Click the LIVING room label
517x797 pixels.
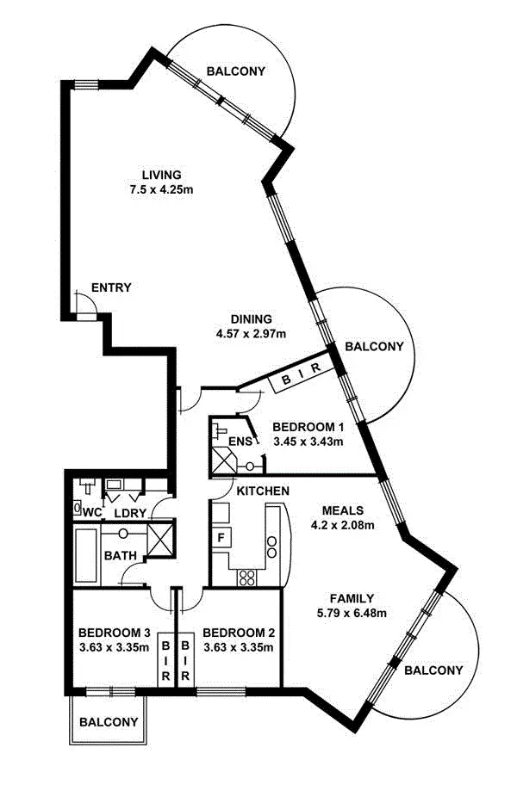click(x=162, y=175)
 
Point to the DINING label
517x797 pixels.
click(x=252, y=318)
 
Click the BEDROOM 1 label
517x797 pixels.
click(x=308, y=427)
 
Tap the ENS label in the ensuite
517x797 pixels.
click(x=240, y=442)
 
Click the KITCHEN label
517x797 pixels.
click(x=263, y=491)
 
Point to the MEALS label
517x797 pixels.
click(x=343, y=510)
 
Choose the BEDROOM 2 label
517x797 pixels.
click(x=239, y=633)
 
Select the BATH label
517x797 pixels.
click(x=119, y=556)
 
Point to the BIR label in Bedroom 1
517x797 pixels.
click(x=301, y=374)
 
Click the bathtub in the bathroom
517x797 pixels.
click(x=86, y=556)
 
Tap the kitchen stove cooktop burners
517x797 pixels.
click(x=248, y=575)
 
